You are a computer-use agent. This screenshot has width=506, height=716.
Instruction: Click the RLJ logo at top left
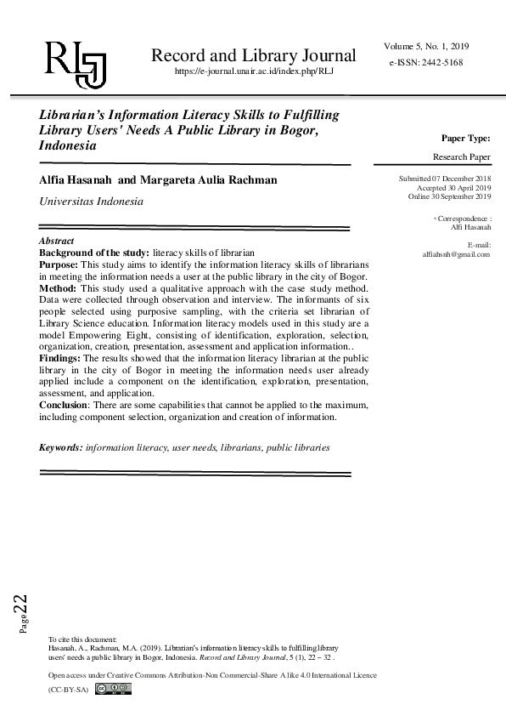(75, 62)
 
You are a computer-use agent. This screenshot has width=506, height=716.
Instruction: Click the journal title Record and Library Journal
(253, 56)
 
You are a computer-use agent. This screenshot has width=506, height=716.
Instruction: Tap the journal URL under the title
(253, 73)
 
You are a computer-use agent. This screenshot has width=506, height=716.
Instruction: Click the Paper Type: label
(465, 138)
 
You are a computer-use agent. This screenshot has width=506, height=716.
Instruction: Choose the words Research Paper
(461, 157)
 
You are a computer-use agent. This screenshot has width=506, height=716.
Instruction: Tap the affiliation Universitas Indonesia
(92, 202)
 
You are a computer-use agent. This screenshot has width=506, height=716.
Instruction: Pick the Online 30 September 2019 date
(449, 196)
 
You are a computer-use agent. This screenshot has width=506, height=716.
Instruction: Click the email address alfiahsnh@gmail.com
(456, 254)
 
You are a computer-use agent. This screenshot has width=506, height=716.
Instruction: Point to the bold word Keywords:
(61, 446)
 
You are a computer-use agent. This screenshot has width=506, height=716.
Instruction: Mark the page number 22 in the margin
(20, 605)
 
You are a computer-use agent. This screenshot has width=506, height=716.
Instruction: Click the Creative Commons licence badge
(114, 689)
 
